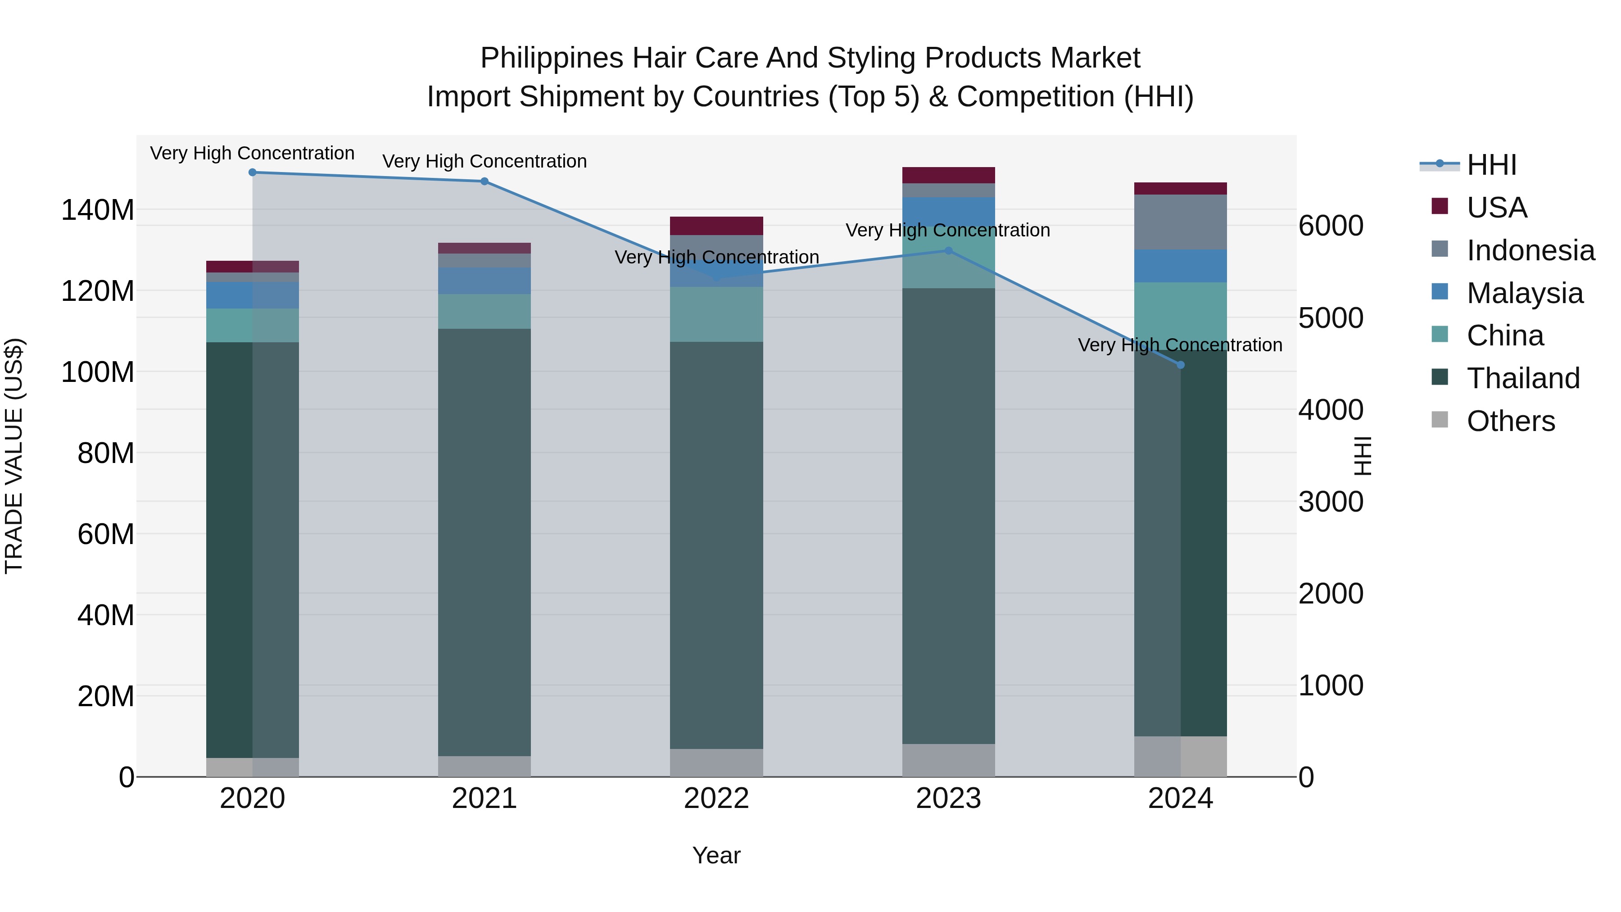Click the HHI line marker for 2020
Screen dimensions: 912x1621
(252, 172)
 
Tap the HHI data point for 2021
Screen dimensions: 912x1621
(484, 181)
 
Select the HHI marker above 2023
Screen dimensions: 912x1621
(948, 250)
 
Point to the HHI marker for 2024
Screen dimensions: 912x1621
(1181, 365)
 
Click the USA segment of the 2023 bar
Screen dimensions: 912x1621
(948, 175)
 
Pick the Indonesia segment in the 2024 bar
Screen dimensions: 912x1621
(1181, 222)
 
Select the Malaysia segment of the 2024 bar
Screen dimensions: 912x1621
(1181, 266)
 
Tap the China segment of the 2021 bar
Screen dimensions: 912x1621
(484, 312)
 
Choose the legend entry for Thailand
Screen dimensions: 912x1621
(1523, 378)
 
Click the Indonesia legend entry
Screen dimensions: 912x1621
(1530, 250)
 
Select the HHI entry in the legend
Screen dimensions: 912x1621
(1491, 165)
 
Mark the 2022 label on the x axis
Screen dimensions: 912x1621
(716, 799)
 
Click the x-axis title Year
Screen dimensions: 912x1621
(716, 855)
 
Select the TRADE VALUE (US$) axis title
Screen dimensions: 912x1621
(14, 456)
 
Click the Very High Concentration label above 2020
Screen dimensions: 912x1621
(252, 153)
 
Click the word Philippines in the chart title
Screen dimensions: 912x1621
(552, 58)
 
